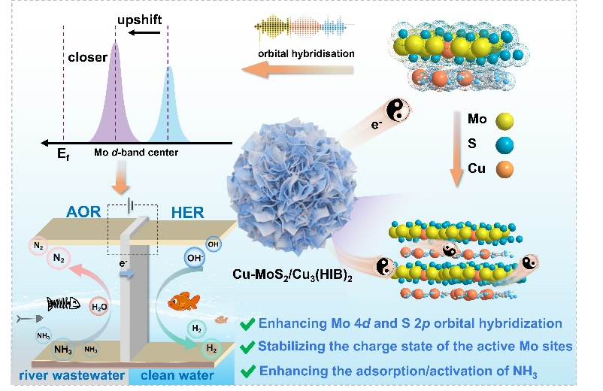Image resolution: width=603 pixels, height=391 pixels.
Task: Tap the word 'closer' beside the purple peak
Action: point(83,56)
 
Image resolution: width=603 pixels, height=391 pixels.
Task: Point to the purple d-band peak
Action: point(115,98)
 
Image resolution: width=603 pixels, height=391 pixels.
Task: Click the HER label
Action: point(186,212)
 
